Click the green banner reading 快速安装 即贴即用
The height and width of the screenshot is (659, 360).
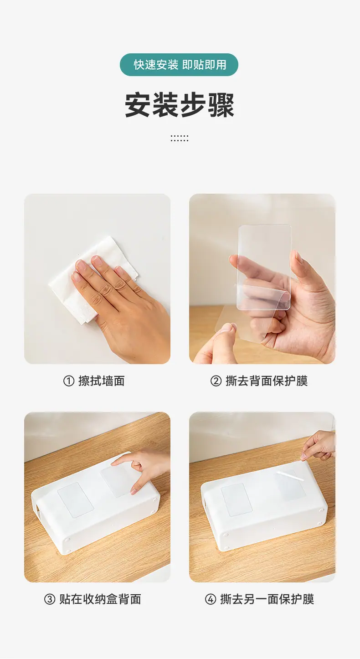tap(179, 65)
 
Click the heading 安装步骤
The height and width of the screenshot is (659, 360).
tap(180, 105)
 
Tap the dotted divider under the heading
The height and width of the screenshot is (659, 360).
tap(180, 138)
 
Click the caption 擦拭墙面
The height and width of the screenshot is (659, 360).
tap(102, 381)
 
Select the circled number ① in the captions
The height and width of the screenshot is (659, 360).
tap(69, 381)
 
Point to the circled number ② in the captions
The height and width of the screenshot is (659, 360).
tap(216, 381)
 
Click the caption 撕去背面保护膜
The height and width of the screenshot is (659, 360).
tap(267, 381)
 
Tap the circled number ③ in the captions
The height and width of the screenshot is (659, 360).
tap(50, 599)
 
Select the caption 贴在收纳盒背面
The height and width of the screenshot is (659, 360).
tap(100, 599)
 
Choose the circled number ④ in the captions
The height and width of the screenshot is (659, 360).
tap(210, 599)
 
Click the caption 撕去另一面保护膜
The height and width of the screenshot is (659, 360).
tap(267, 599)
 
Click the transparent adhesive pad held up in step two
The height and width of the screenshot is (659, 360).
tap(264, 267)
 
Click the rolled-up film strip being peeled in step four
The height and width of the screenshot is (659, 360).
tap(290, 475)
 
